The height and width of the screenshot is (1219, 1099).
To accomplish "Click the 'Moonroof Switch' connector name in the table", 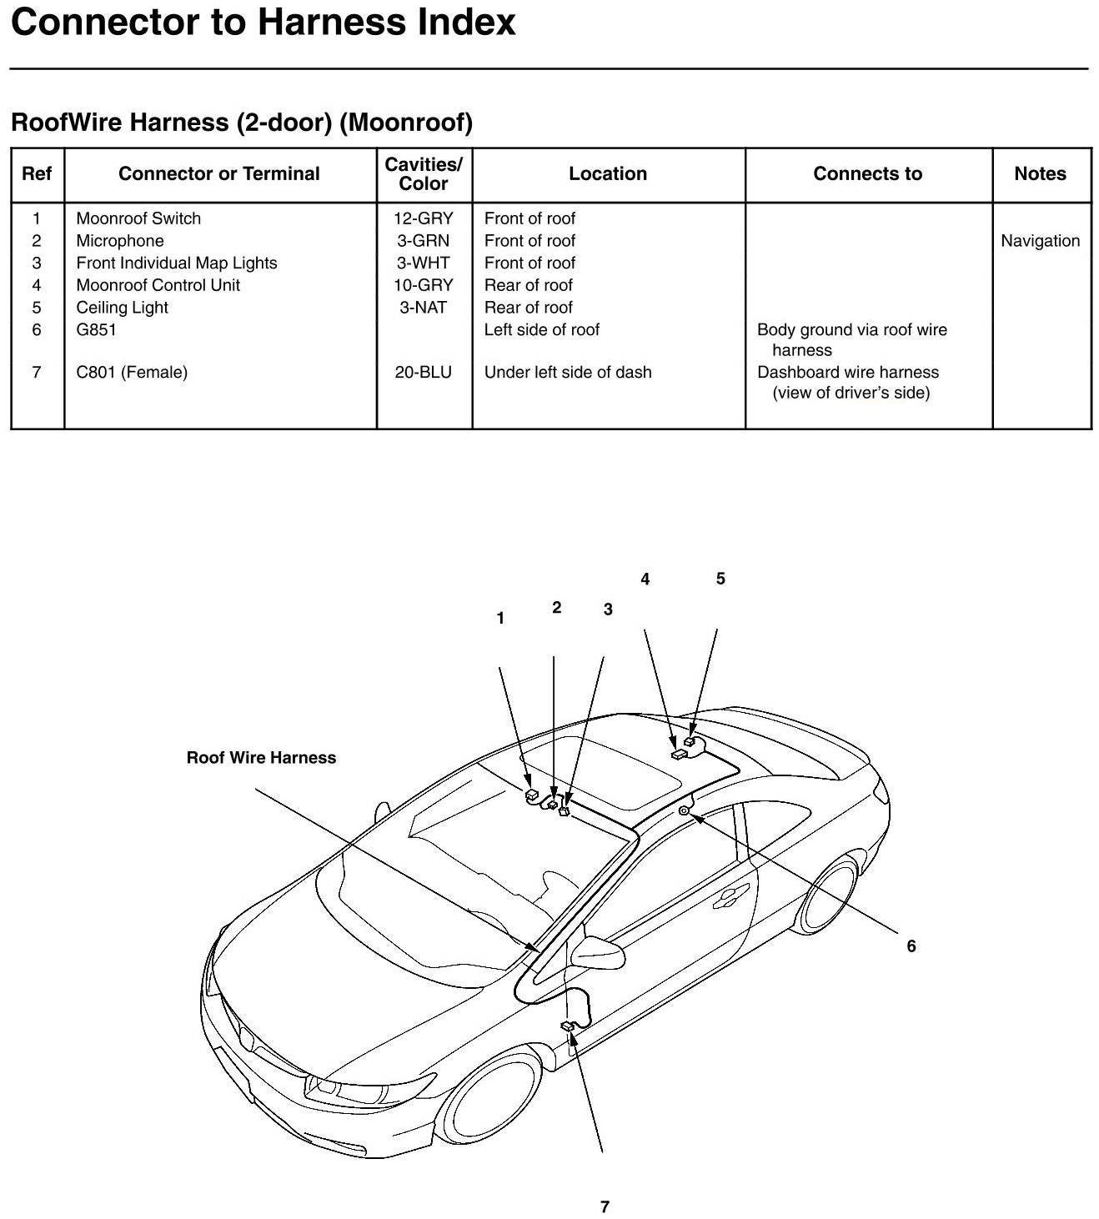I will coord(138,218).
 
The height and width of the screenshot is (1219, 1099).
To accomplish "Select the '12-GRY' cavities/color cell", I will coord(424,218).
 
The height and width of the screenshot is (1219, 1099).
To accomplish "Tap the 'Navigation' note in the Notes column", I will coord(1040,241).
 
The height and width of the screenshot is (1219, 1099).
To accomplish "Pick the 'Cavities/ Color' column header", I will coord(424,173).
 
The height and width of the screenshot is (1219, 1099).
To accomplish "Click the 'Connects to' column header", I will coord(867,173).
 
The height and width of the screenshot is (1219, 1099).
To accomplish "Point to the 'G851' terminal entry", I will coord(97,329).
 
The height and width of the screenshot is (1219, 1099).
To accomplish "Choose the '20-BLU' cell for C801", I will coord(424,372).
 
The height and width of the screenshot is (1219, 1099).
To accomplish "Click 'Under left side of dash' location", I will coord(568,372).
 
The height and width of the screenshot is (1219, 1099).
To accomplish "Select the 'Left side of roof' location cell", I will coord(542,329).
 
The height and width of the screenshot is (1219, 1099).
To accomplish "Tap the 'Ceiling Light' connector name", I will coord(122,307).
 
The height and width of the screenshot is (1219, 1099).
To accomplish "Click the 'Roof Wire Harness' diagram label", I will coord(261,758).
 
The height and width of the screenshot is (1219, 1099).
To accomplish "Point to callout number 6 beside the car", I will coord(911,946).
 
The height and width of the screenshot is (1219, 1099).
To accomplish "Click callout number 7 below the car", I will coord(605,1206).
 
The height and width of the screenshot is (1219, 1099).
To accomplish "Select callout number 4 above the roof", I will coord(645,579).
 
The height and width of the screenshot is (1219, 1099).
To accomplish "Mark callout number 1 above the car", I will coord(500,618).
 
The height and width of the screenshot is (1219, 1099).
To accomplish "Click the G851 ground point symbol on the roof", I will coord(684,810).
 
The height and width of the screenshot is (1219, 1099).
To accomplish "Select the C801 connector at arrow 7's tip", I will coord(568,1026).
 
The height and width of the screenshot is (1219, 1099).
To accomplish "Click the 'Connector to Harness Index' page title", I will coord(263,23).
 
